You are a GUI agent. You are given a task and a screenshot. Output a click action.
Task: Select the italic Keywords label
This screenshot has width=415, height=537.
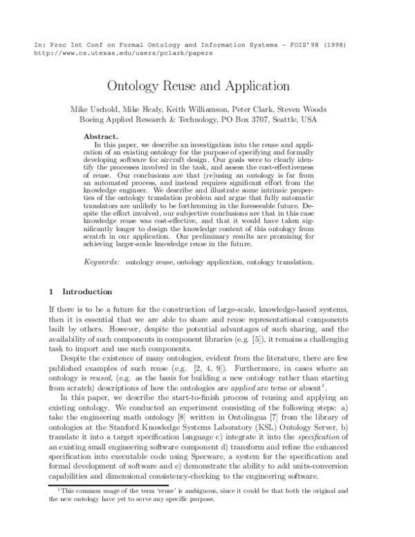tap(102, 262)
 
